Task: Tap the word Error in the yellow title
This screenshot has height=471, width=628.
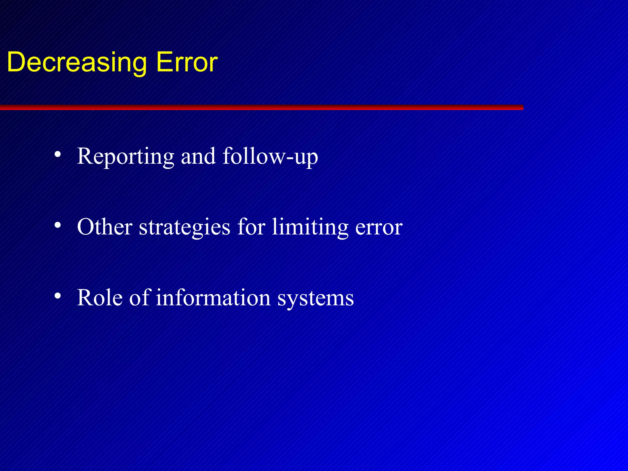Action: [x=187, y=62]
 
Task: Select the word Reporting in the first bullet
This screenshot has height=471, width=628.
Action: [x=126, y=156]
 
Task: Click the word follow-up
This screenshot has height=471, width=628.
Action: [x=270, y=156]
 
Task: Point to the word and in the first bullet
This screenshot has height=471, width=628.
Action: [x=198, y=156]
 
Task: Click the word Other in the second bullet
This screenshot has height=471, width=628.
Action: [x=105, y=227]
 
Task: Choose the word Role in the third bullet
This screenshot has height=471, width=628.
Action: [x=100, y=298]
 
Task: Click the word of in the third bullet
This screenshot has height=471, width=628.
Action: [x=139, y=297]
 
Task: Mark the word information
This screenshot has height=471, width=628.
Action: [x=213, y=298]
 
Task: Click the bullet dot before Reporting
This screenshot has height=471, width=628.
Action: [x=57, y=155]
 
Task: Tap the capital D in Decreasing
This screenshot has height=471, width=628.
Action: [x=18, y=62]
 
